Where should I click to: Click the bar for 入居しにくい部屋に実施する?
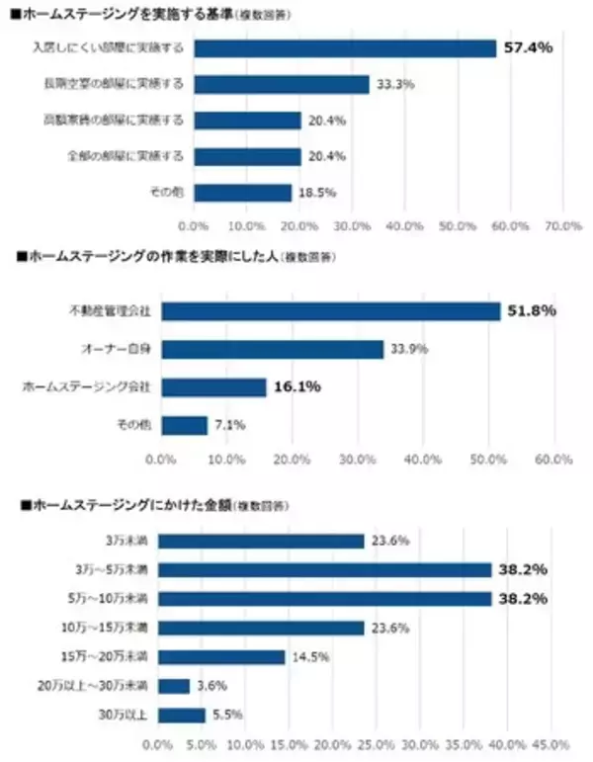(345, 47)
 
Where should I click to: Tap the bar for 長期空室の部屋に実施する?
(282, 84)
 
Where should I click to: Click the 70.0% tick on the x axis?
(563, 226)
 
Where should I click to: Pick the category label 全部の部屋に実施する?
(127, 156)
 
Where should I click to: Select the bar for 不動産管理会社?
(331, 311)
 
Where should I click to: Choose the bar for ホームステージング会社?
(213, 387)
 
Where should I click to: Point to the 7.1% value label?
(229, 425)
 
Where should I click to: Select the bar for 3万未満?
(261, 541)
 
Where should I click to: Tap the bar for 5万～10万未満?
(325, 599)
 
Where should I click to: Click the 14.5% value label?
(307, 657)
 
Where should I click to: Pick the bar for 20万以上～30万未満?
(174, 686)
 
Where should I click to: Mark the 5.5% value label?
(227, 715)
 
